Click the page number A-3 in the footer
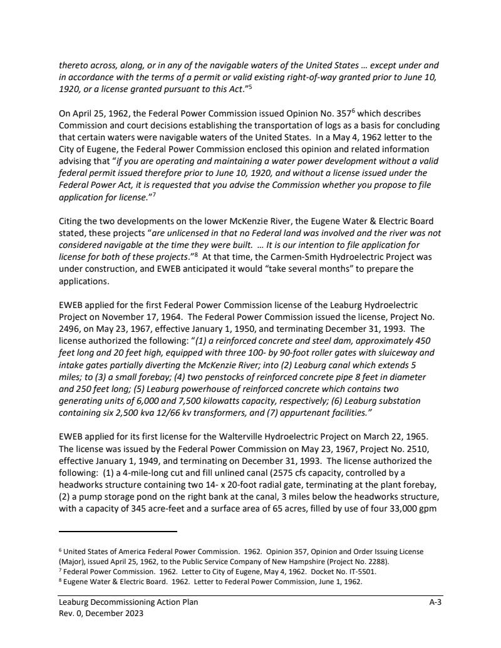[436, 603]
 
